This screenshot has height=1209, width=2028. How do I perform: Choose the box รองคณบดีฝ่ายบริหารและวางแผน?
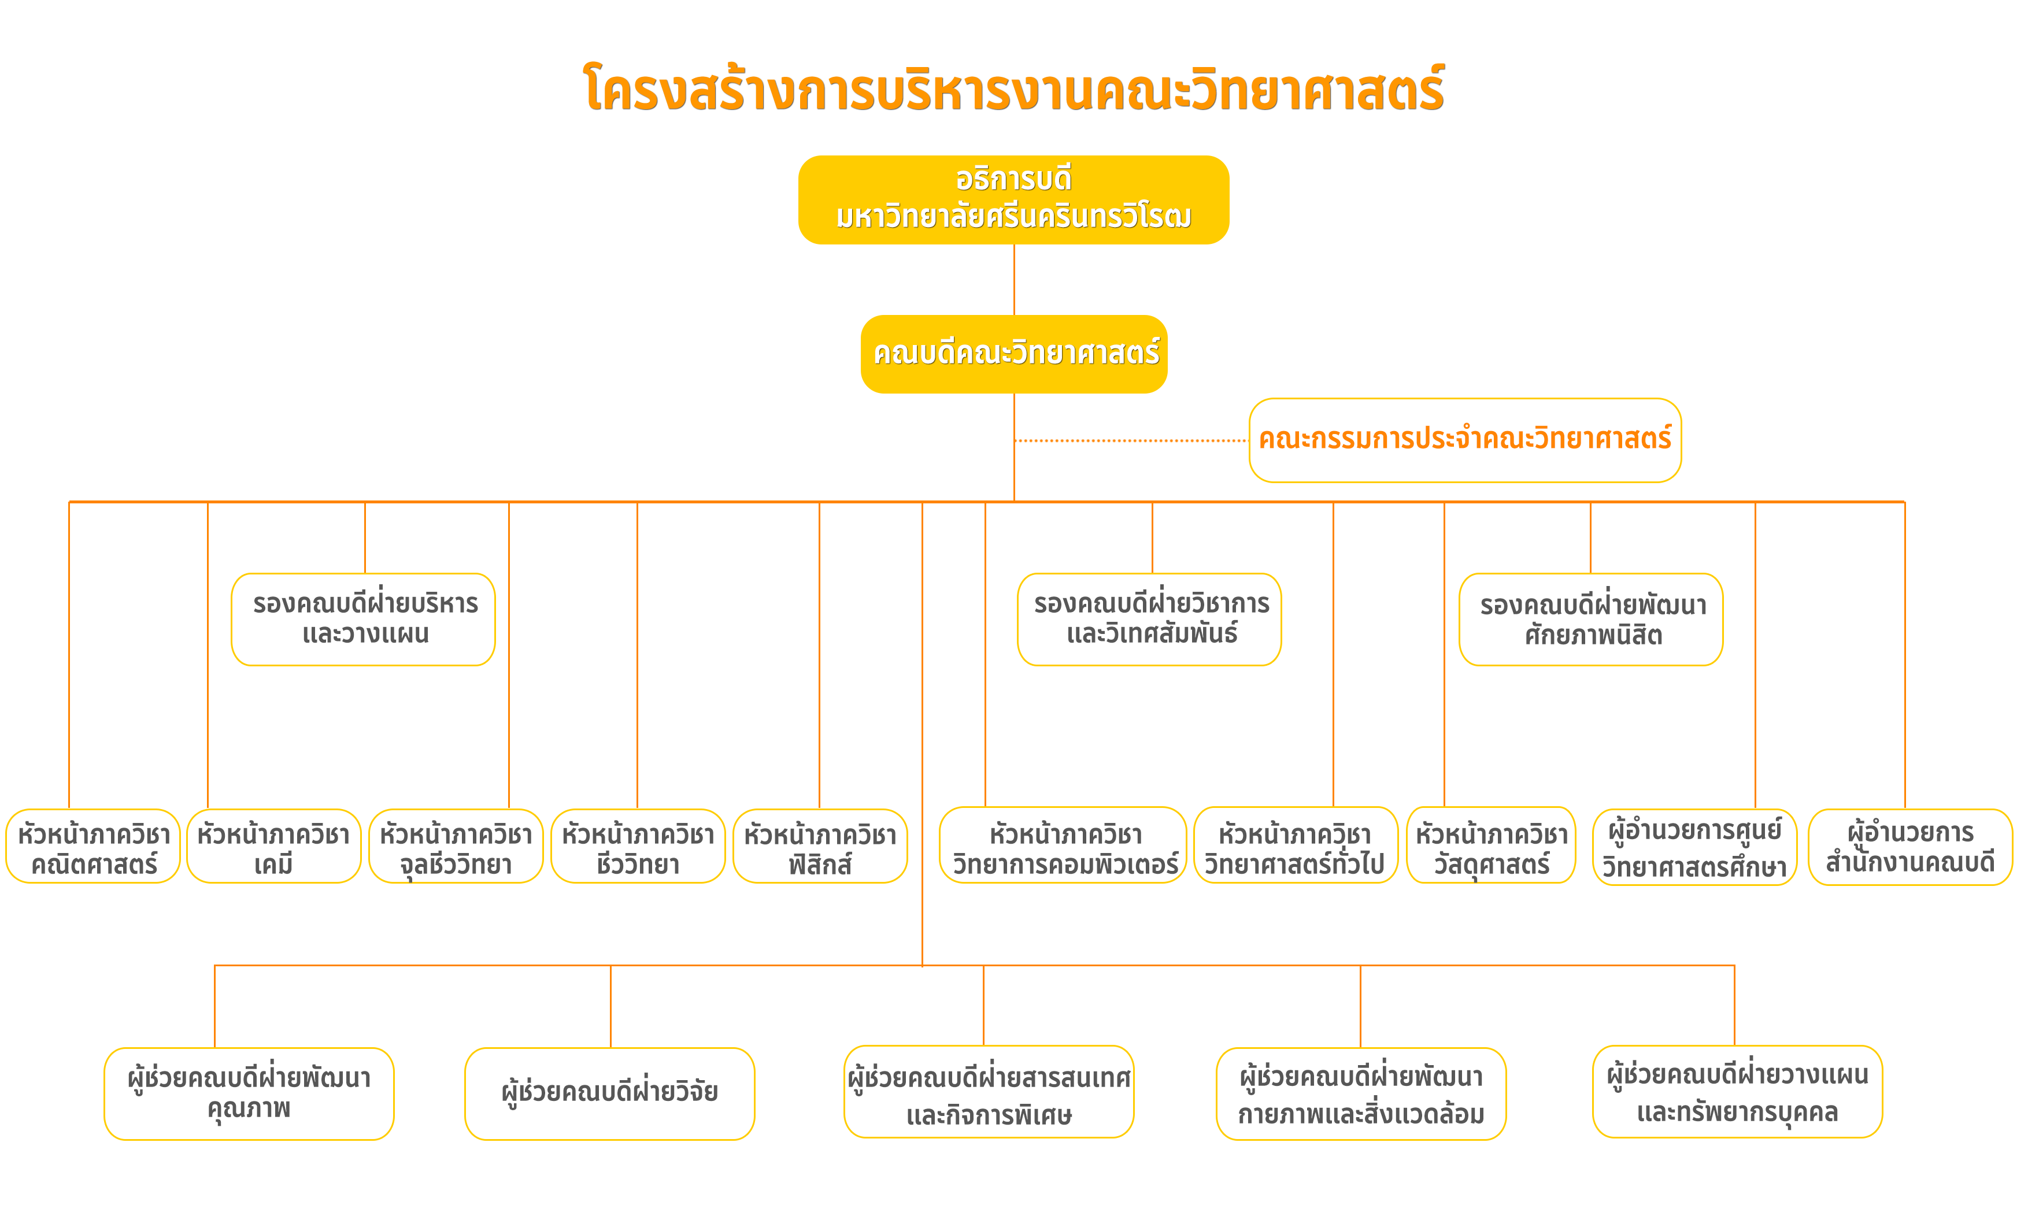[x=364, y=619]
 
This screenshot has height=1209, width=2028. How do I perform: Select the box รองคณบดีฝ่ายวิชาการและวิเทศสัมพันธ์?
[x=1150, y=619]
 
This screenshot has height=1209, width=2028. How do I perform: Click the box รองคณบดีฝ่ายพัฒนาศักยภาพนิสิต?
[x=1592, y=619]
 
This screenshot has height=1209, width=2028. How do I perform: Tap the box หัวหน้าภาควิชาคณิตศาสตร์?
[x=93, y=845]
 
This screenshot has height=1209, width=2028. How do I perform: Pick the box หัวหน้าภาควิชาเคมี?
[x=274, y=845]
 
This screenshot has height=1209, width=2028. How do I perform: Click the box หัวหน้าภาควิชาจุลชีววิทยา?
[x=456, y=845]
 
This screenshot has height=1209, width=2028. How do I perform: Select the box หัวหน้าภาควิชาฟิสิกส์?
[x=820, y=845]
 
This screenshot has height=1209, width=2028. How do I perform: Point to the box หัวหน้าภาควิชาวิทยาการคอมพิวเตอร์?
[x=1063, y=845]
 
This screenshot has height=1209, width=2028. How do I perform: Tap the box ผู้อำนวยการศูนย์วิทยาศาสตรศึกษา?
[x=1695, y=847]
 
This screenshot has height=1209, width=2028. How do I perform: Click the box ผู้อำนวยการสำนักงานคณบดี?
[x=1911, y=847]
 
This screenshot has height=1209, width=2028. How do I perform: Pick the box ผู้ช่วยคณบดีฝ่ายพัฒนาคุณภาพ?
[x=249, y=1093]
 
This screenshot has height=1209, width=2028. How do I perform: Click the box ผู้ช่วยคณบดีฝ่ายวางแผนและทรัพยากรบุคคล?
[x=1738, y=1092]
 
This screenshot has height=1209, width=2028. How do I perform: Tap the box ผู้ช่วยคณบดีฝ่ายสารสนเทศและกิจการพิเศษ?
[x=989, y=1092]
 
